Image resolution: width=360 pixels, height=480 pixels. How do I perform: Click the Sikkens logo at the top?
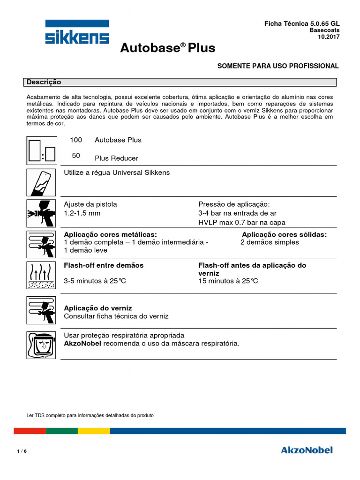(x=77, y=32)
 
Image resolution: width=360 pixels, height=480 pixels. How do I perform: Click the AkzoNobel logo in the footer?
(x=307, y=450)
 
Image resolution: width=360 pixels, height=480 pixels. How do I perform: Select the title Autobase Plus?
(x=168, y=48)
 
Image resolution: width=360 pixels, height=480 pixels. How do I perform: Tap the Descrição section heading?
(x=44, y=82)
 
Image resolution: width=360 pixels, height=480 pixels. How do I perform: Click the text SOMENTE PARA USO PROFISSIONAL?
(x=277, y=66)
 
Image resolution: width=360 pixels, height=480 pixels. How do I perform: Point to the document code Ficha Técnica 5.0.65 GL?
(x=302, y=23)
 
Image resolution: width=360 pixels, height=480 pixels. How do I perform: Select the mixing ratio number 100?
(x=76, y=140)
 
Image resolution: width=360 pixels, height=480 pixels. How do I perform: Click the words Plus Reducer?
(x=116, y=158)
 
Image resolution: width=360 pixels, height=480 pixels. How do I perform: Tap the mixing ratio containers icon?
(x=41, y=150)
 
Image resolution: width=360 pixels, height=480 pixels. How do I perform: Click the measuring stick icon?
(x=41, y=182)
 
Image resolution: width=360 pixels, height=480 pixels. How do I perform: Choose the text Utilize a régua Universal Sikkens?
(x=117, y=172)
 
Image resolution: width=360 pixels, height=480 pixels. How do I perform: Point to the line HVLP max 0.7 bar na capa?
(x=242, y=223)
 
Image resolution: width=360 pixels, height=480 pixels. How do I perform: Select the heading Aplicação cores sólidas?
(x=284, y=234)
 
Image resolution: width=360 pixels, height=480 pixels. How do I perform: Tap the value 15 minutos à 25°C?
(x=228, y=281)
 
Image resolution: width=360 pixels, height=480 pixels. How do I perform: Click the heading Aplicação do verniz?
(x=97, y=308)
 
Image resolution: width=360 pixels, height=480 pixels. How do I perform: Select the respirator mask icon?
(x=41, y=345)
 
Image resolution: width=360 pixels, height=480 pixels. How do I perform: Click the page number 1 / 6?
(x=22, y=451)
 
